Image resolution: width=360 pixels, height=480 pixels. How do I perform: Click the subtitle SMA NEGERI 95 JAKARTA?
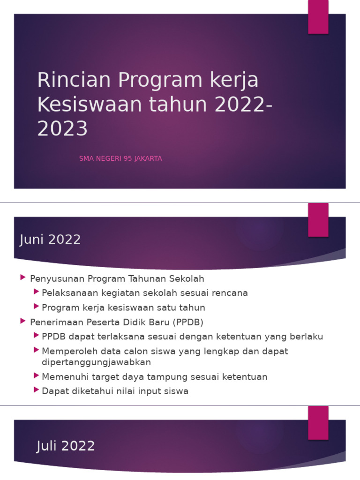coord(120,158)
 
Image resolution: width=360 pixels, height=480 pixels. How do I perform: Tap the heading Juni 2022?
coord(50,240)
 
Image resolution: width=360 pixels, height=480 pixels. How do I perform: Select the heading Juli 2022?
coord(66,446)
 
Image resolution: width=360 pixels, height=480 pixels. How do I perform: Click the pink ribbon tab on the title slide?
coord(318,17)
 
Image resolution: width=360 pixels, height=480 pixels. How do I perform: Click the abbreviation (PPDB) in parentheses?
coord(188,322)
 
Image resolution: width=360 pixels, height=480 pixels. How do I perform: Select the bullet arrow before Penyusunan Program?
coord(23,278)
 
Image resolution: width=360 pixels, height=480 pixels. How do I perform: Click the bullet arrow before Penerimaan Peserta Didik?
coord(23,322)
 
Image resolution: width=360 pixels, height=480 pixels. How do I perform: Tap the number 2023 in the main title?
coord(62,129)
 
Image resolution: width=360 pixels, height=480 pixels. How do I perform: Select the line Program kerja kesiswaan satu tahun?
coord(123,307)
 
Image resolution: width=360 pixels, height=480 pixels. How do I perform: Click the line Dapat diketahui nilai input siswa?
coord(115,391)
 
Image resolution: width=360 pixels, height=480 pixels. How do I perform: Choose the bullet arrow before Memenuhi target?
coord(36,376)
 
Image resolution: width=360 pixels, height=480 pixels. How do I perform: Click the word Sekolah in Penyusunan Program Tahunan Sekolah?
coord(187,278)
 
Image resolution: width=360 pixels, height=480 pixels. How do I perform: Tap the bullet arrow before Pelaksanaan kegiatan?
coord(36,292)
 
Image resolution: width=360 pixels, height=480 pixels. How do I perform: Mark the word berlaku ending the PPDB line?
coord(307,337)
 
